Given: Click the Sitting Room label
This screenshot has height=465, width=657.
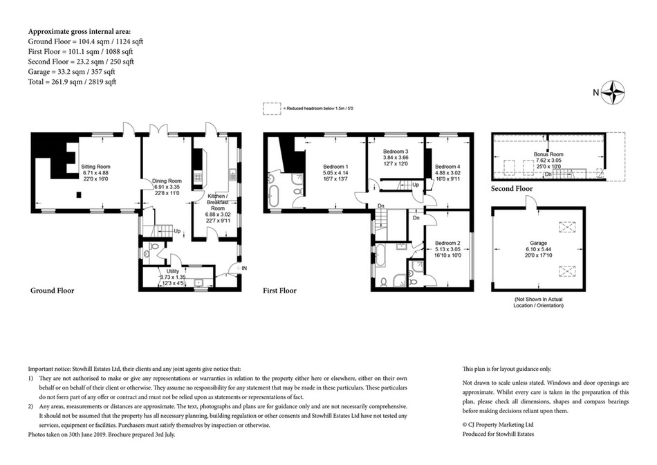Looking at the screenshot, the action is point(95,167).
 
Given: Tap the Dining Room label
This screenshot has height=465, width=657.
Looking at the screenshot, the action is point(167,181).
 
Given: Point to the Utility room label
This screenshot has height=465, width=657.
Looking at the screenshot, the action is point(172,271).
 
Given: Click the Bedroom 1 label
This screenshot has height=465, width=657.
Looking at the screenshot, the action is point(335,167).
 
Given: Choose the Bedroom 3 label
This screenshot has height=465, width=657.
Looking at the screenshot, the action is point(396,152).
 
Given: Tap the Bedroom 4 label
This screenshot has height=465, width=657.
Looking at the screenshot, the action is point(447,167).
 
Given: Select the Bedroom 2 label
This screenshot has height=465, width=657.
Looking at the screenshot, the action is point(447,243).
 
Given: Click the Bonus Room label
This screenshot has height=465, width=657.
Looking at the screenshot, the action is point(548,154).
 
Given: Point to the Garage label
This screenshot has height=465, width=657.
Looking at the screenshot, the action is point(539,243).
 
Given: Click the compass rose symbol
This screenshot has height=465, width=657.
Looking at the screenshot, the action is point(614,93).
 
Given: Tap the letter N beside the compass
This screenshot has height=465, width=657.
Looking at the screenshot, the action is point(596,93).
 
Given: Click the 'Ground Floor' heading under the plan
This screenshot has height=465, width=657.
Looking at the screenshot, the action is point(53,291).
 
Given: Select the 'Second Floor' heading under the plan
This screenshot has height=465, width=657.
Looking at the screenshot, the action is point(512,189).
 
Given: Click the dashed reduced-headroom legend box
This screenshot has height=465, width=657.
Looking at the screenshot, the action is point(272,109).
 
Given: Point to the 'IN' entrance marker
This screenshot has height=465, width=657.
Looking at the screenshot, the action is point(244,268).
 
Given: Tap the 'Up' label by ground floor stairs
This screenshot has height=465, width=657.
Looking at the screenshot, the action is point(177,231).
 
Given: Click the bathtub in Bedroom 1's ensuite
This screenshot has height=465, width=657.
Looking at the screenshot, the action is point(273,197).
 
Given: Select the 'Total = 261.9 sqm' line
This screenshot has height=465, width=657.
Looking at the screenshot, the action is point(72,82).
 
